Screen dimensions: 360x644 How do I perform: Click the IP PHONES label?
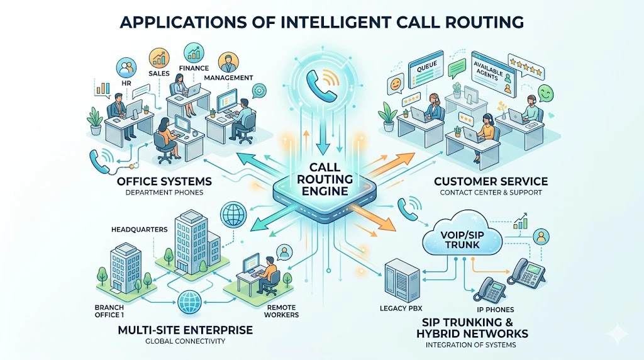point(496,309)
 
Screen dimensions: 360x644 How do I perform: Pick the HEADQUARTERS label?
point(136,229)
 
